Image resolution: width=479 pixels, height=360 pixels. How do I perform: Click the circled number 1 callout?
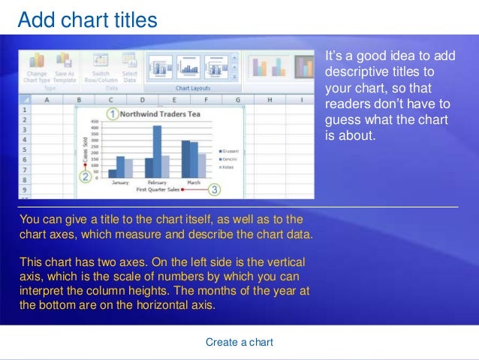[112, 114]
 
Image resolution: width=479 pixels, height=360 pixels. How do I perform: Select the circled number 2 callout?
[86, 177]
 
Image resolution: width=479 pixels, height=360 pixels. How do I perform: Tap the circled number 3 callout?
[215, 191]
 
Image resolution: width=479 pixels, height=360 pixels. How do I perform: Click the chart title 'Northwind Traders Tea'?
[163, 115]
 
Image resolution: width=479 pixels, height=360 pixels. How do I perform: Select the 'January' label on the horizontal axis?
[120, 183]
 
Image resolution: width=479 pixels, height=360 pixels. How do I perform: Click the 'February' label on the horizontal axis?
[156, 183]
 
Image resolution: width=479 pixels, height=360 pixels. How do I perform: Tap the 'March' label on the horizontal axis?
[193, 183]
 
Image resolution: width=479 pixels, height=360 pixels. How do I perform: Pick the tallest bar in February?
[157, 151]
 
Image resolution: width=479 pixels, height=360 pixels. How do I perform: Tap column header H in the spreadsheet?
[270, 99]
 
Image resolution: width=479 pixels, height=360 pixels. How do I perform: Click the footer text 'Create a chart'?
[239, 342]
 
